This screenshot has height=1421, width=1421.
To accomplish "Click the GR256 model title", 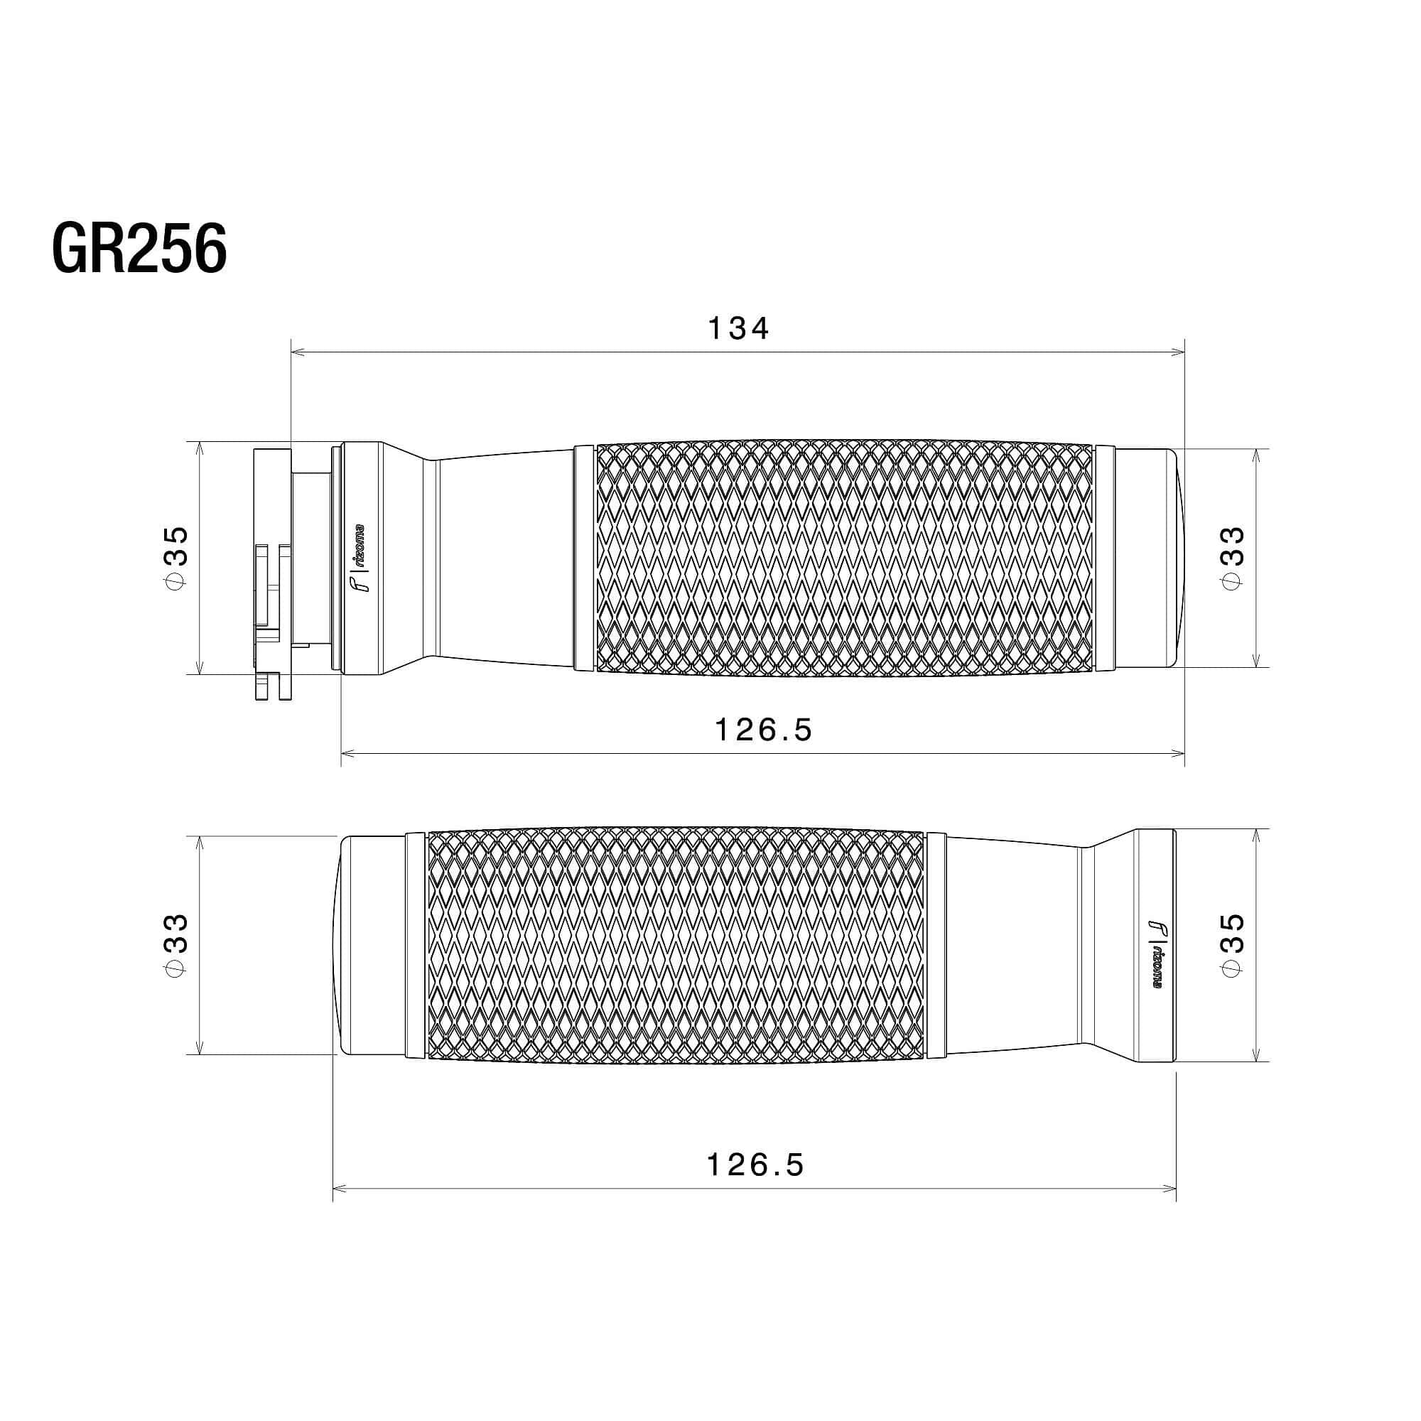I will coord(139,249).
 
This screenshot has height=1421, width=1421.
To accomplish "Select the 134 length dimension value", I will coord(737,329).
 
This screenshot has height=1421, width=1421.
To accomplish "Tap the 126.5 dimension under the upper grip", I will coord(764,730).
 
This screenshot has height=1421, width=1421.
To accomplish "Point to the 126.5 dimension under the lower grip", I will coord(755,1165).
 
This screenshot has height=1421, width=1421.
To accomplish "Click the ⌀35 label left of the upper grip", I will coord(177,558).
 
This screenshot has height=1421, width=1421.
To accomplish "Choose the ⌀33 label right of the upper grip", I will coord(1233,557).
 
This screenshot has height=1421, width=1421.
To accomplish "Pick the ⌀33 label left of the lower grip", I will coord(177,945).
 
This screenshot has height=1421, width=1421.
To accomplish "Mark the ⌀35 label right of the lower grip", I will coord(1233,945).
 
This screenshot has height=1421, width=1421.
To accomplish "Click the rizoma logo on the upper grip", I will coord(359,558).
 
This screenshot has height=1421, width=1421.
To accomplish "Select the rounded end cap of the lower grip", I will coord(372,945).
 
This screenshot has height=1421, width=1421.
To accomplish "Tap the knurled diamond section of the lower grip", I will coord(675,945).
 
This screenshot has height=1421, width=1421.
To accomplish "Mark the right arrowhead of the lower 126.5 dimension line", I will coord(1171,1188).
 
